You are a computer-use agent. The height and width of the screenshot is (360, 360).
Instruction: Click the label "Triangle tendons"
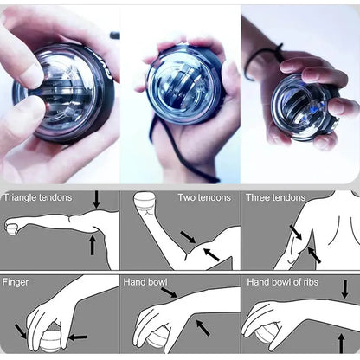pos(37,198)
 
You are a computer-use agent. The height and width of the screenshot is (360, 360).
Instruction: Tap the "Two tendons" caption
pos(204,198)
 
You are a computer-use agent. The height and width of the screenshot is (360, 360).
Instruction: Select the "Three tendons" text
pos(275,198)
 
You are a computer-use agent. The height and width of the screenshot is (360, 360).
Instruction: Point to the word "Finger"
pos(16,282)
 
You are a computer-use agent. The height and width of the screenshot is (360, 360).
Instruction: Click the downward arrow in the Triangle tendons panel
pos(96,199)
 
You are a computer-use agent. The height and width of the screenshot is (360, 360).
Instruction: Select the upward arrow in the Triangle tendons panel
pos(93,246)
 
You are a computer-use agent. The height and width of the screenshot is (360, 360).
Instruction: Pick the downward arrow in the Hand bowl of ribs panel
pos(344,289)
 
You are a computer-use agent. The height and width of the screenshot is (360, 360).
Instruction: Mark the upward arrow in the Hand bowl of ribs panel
pos(341,341)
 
